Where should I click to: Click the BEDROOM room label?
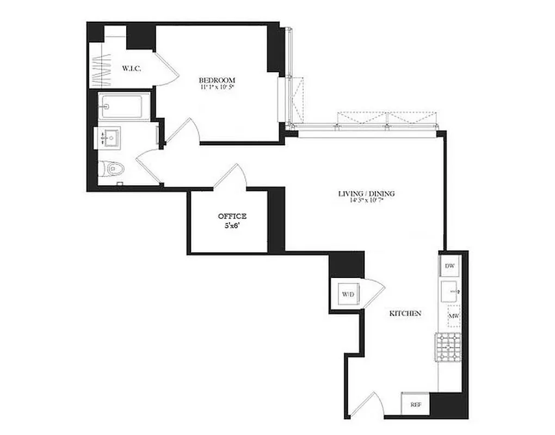point(217,80)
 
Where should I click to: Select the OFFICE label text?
point(232,216)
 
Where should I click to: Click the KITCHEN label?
point(405,314)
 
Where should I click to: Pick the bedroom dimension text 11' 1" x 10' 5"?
point(217,88)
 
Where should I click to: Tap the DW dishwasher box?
point(449,266)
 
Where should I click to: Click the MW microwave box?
point(452,315)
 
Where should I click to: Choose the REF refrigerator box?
point(416,405)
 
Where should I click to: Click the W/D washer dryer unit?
point(348,295)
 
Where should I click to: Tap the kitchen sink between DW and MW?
point(449,291)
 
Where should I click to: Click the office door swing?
point(231,177)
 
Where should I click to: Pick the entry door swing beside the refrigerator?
point(370,403)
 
